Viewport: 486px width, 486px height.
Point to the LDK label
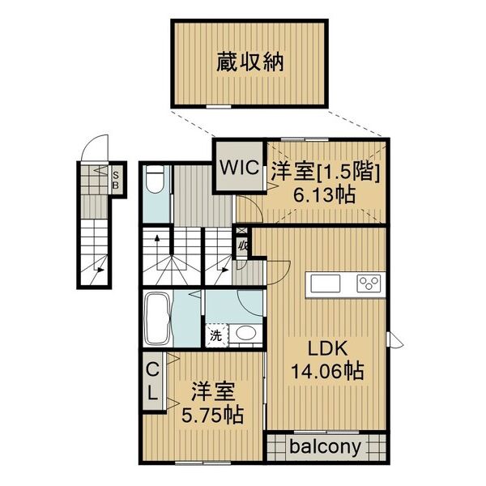(326, 349)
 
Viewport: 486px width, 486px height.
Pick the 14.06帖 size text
(326, 372)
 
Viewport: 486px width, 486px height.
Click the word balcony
(327, 446)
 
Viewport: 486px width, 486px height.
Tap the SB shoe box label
(116, 176)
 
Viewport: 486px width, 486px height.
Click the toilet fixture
(156, 180)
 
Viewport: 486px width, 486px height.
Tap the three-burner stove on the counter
(369, 283)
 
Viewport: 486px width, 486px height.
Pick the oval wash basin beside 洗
(244, 333)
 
